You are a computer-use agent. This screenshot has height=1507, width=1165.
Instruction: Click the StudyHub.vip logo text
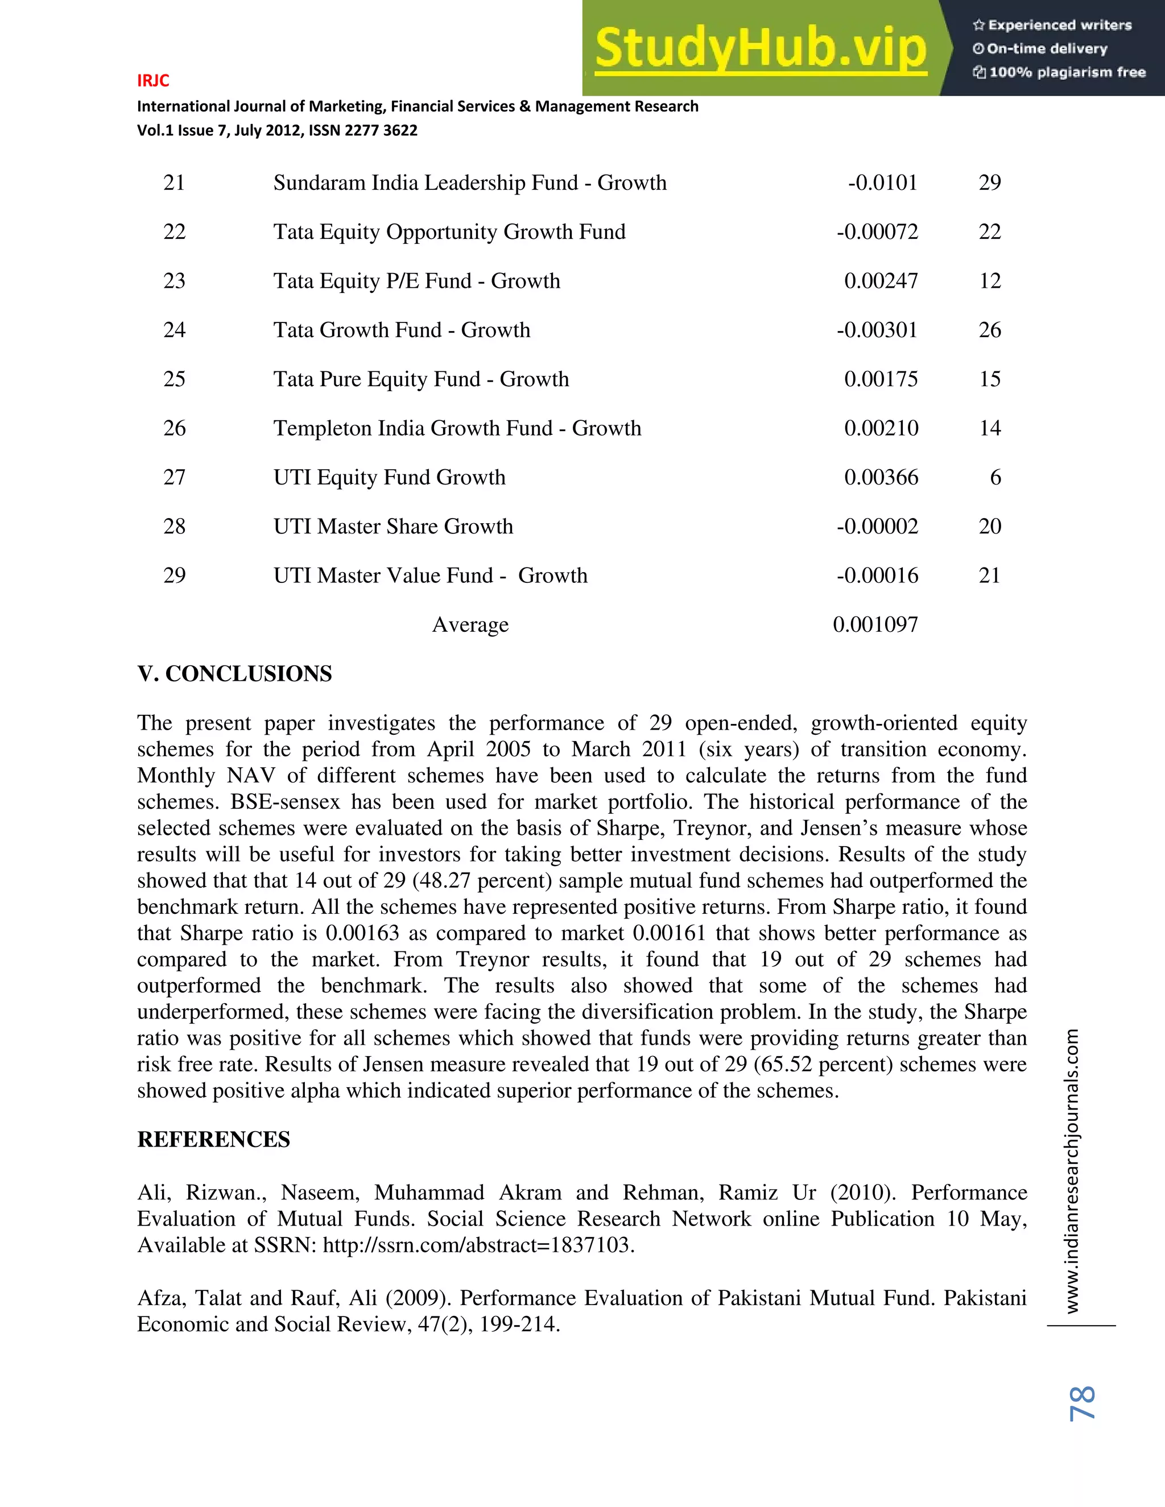coord(760,48)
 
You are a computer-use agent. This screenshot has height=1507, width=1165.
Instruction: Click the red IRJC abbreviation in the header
coord(152,81)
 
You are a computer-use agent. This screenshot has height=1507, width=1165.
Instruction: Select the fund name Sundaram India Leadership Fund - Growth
coord(469,183)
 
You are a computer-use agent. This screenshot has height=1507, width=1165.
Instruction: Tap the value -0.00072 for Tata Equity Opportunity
coord(877,232)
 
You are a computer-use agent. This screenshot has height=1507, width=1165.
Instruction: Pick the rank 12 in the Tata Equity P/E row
coord(989,281)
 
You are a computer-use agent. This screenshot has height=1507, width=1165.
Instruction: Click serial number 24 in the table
coord(174,330)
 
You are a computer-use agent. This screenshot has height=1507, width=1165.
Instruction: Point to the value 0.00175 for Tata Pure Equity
coord(881,379)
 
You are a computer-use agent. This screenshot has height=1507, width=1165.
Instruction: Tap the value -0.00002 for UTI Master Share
coord(877,527)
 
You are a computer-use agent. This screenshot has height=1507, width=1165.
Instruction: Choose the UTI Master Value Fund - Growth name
coord(430,576)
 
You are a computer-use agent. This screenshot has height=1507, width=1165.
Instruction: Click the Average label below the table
coord(470,624)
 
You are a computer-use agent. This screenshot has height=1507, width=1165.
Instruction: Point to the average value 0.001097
coord(875,624)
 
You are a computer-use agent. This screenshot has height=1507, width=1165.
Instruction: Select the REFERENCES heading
coord(213,1139)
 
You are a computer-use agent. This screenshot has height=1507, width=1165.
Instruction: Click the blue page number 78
coord(1081,1403)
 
